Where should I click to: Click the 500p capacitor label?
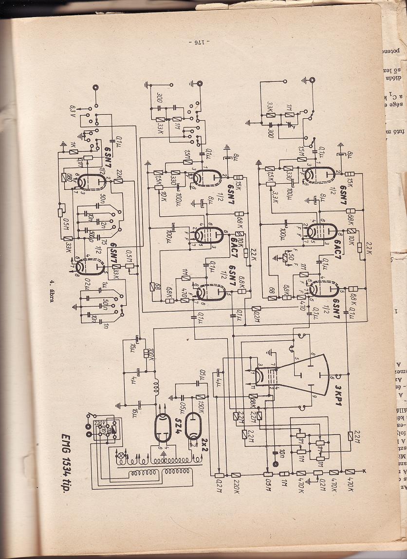(92, 233)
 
